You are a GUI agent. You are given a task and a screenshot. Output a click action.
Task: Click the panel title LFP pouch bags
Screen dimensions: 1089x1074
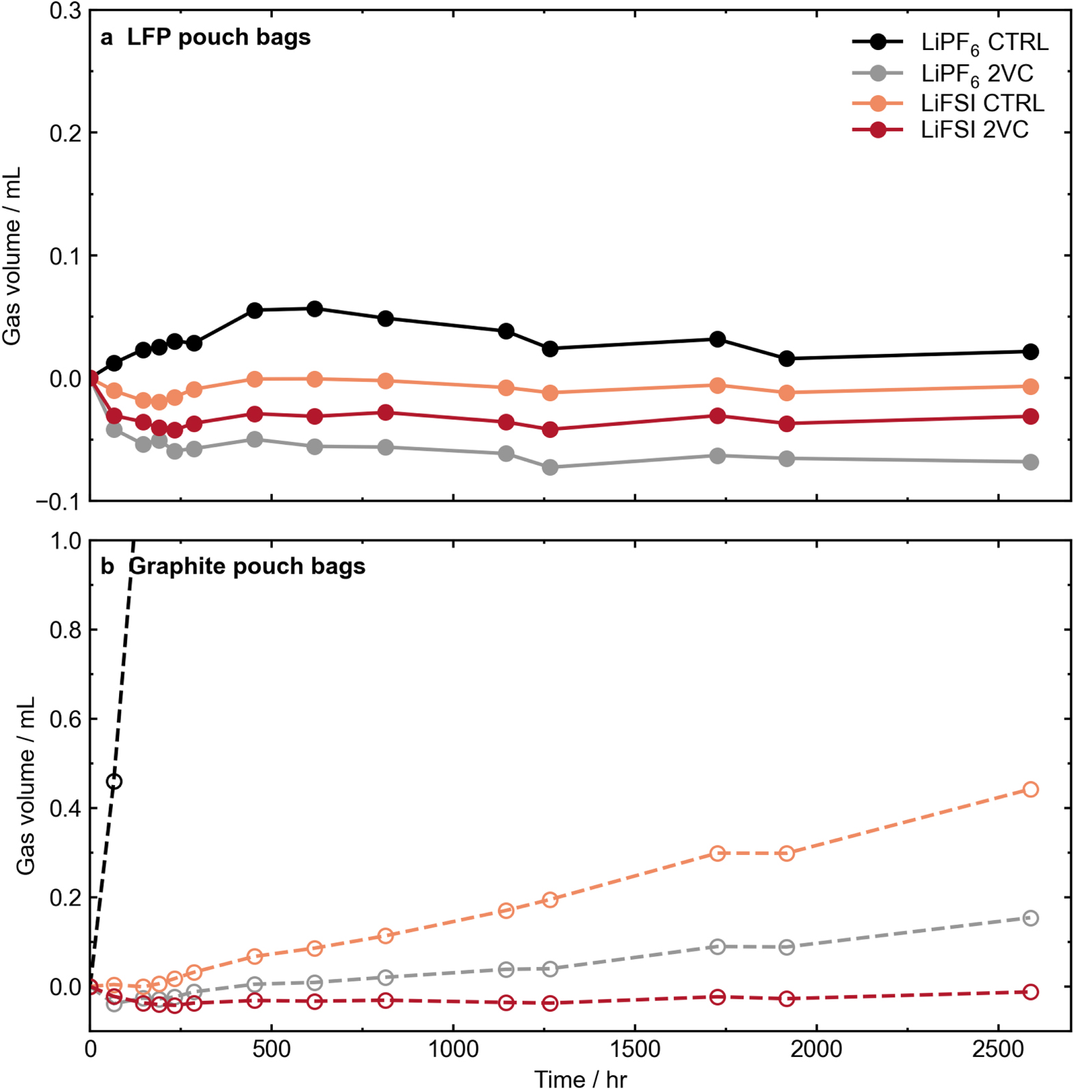[218, 37]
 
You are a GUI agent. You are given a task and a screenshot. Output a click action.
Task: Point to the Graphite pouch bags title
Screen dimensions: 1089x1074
[247, 567]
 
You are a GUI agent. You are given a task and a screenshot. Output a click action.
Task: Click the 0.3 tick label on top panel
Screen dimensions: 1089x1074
[65, 11]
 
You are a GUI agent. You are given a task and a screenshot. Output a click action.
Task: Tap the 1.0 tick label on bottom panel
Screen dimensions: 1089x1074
[65, 541]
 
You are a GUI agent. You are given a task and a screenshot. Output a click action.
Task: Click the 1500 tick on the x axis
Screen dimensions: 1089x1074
[636, 1049]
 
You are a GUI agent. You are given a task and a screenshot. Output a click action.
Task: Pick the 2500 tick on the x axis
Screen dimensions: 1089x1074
[999, 1049]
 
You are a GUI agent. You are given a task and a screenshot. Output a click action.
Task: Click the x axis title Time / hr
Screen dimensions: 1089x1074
[580, 1078]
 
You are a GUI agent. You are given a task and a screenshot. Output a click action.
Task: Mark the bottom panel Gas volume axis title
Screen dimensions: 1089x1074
[26, 786]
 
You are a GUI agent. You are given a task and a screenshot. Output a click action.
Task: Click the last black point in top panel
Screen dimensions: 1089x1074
[1030, 352]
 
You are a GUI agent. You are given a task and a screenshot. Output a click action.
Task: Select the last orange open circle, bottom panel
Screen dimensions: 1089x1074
[1030, 789]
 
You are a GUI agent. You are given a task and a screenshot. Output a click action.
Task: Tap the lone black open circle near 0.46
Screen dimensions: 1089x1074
[114, 782]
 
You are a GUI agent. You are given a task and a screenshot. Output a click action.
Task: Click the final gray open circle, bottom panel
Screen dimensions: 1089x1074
[1030, 918]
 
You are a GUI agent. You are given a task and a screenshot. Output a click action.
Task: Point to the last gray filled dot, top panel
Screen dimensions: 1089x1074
[1030, 463]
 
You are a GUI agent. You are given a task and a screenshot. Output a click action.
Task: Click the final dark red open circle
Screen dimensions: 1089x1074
[1030, 992]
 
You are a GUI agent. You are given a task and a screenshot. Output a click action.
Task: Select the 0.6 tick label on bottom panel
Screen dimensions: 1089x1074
[65, 719]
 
